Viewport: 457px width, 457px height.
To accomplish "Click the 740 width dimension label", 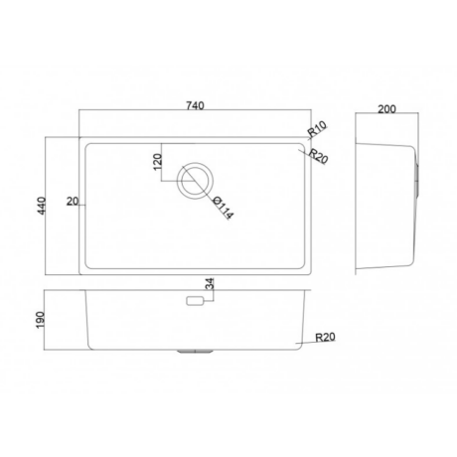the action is [x=195, y=106].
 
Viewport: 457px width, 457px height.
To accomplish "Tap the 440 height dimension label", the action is [x=42, y=206].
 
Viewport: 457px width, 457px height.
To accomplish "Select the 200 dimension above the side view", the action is [x=386, y=109].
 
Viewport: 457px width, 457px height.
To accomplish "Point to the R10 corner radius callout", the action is [x=318, y=129].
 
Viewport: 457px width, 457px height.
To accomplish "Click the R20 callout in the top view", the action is [x=318, y=156].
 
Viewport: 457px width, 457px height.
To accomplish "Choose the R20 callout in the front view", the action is [x=325, y=337].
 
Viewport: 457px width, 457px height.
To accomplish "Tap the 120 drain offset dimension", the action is [x=158, y=162].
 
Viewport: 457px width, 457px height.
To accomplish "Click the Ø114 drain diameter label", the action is [x=224, y=208].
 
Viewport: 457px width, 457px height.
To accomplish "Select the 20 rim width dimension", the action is [x=73, y=201].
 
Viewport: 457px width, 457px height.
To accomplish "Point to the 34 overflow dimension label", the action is [x=210, y=284].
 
